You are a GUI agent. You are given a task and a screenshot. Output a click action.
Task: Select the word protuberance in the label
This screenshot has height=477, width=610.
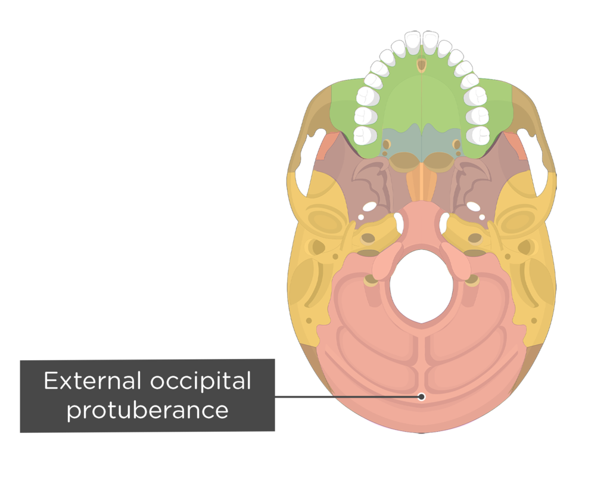(147, 410)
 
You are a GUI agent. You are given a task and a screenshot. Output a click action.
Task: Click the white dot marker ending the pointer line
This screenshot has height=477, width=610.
(422, 397)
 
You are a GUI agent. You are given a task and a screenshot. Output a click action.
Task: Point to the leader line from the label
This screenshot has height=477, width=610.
(375, 397)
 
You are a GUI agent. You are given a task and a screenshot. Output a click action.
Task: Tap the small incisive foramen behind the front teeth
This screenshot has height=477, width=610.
(422, 64)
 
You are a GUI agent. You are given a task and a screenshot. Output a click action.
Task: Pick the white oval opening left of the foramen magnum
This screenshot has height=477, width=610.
(398, 223)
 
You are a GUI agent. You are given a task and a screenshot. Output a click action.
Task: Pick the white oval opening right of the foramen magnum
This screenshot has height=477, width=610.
(445, 223)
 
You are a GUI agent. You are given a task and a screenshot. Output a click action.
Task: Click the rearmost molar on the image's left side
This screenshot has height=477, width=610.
(363, 135)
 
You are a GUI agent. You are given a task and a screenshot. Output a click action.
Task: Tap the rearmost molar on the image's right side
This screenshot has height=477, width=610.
(478, 135)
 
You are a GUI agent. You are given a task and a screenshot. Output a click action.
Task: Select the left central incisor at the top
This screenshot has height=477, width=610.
(412, 42)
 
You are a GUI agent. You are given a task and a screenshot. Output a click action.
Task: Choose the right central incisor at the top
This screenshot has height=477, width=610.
(430, 42)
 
